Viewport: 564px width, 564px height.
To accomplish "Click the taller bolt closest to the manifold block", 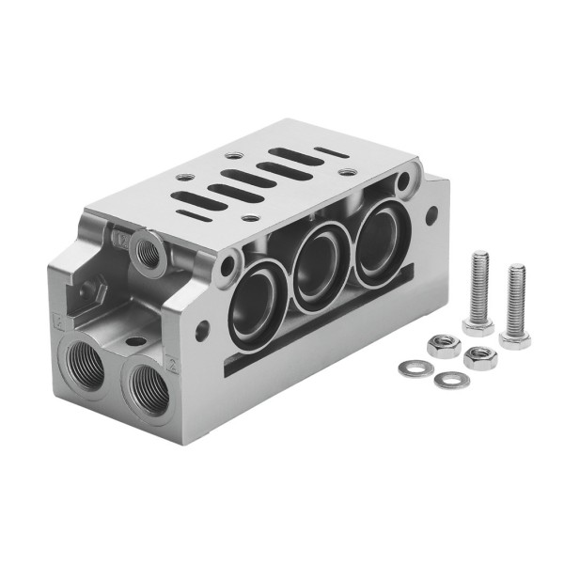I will pos(478,291).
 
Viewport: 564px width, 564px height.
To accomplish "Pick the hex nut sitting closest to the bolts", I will pos(480,357).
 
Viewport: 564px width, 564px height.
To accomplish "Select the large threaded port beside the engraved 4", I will pos(84,364).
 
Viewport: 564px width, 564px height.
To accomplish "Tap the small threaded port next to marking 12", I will pos(146,250).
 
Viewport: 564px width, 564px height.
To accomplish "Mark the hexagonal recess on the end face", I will pos(95,292).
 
